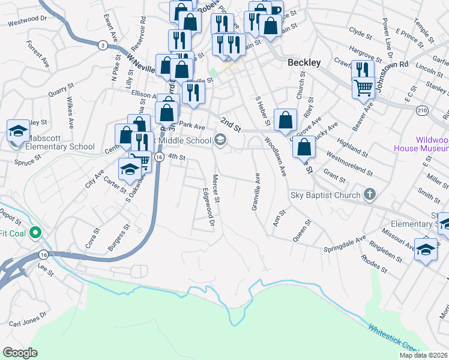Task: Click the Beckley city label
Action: (304, 62)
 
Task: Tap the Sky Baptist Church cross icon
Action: (370, 194)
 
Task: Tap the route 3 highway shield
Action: (103, 45)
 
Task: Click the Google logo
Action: (20, 353)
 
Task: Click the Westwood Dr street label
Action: (27, 21)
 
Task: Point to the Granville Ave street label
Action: (255, 192)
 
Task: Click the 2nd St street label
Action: (230, 125)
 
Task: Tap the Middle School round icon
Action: (220, 140)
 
